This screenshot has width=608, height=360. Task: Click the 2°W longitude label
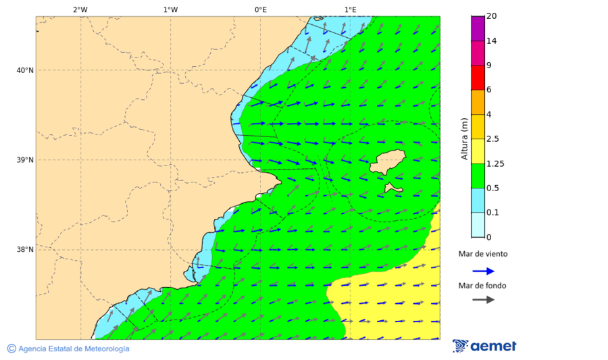tap(80, 9)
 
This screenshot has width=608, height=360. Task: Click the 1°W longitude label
tap(170, 9)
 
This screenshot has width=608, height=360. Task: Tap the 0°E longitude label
tap(260, 9)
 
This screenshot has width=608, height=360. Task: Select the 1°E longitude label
tap(350, 9)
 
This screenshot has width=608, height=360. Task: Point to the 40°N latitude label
tap(25, 70)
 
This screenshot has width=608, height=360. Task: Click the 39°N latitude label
tap(25, 160)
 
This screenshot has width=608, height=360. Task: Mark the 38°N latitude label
tap(25, 250)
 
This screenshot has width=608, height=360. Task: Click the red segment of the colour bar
tap(478, 78)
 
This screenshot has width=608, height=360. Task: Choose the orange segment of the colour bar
tap(478, 102)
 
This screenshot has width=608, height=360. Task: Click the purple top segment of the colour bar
tap(478, 28)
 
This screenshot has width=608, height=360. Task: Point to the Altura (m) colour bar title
tap(464, 138)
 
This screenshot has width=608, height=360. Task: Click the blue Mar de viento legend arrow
tap(483, 271)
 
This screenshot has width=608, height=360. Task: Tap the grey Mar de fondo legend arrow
tap(483, 300)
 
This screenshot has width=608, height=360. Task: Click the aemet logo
tap(484, 346)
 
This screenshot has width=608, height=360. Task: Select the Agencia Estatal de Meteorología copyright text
tap(68, 349)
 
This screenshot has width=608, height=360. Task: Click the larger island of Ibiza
tap(387, 162)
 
